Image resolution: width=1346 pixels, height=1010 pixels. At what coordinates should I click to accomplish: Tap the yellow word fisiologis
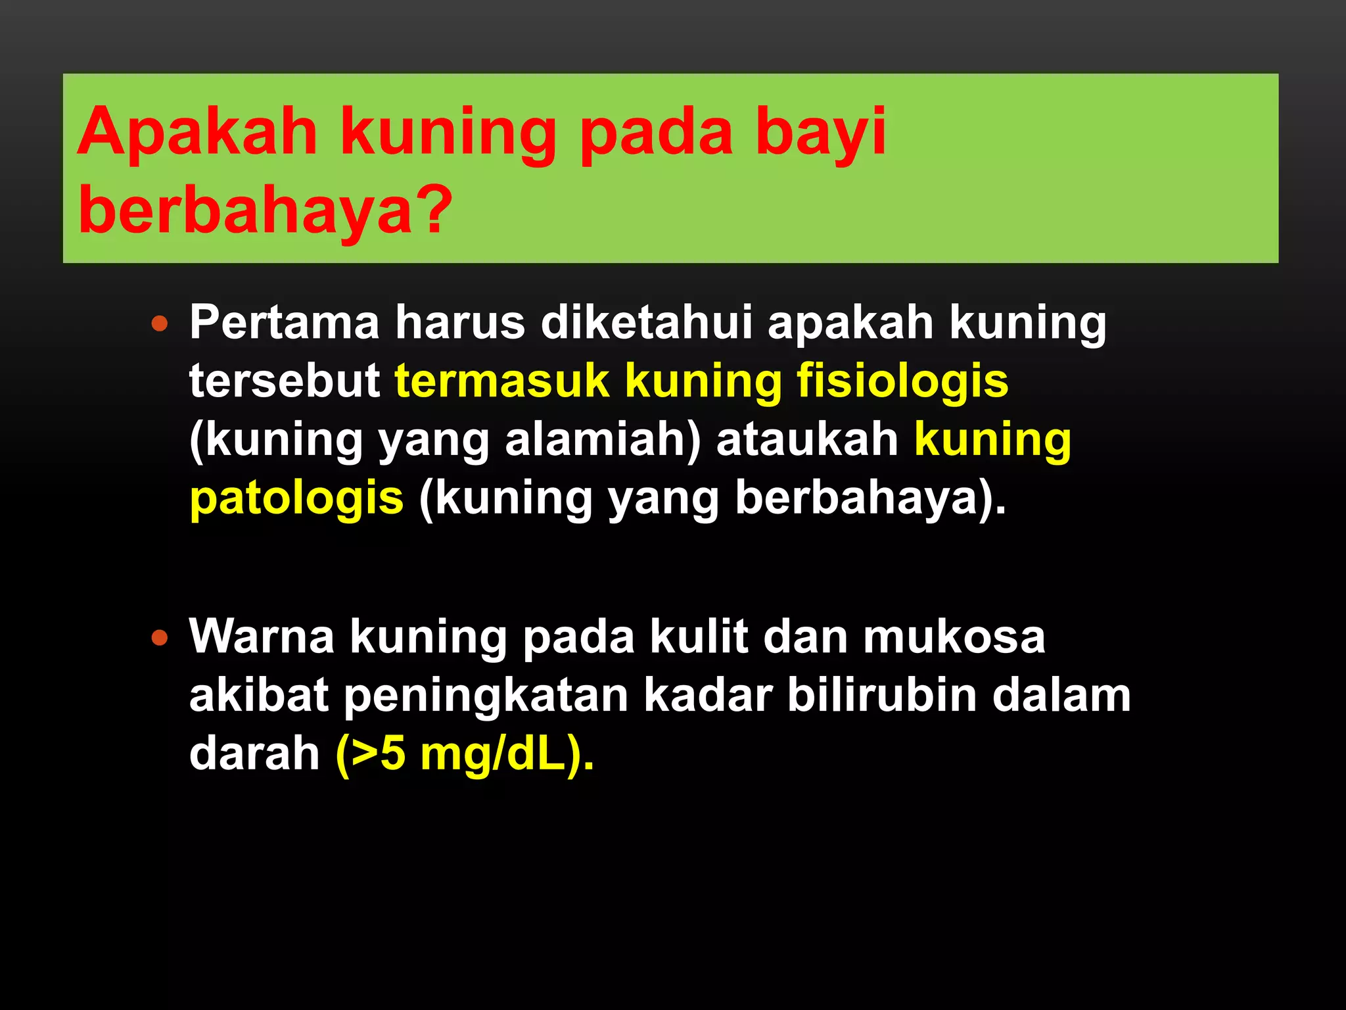point(902,381)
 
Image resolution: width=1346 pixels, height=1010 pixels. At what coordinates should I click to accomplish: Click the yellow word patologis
point(296,498)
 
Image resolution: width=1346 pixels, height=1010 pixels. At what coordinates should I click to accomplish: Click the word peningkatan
point(486,696)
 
